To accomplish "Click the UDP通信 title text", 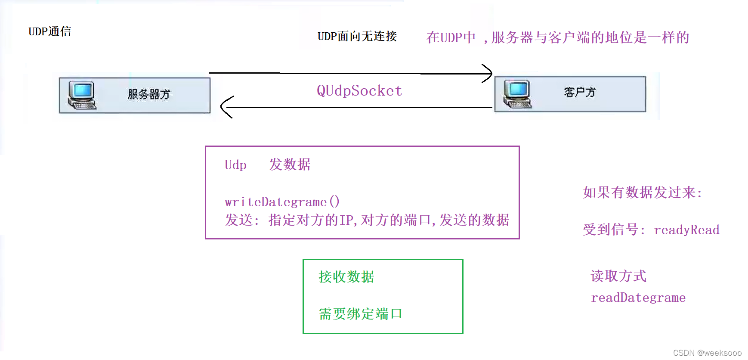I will [49, 31].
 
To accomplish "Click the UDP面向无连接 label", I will [357, 36].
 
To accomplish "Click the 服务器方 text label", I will [149, 94].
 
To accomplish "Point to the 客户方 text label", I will [580, 92].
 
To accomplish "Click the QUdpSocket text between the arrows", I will [359, 91].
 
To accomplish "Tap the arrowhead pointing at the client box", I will [488, 74].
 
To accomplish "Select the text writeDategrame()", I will [282, 202].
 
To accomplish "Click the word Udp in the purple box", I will [235, 165].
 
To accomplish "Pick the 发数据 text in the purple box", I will [290, 164].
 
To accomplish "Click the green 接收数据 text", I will [346, 276].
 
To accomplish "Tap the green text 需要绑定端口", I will [360, 313].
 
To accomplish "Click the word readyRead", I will [686, 230].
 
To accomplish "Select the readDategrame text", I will [638, 298].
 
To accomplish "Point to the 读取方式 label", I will [618, 276].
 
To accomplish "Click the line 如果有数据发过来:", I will [642, 192].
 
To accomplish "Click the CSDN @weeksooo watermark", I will [707, 353].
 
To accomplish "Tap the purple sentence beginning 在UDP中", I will [558, 37].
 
